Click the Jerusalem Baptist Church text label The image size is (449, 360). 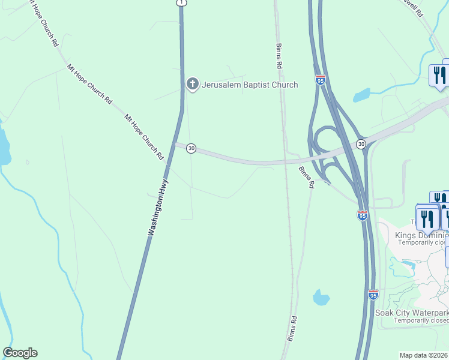[x=250, y=85]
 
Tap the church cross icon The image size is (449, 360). [x=192, y=85]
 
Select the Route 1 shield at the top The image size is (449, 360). [x=181, y=3]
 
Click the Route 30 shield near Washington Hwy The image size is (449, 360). [x=191, y=148]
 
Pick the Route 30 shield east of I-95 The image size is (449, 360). [x=361, y=144]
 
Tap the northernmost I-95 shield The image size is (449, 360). [x=321, y=80]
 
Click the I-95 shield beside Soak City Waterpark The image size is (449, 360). [x=373, y=295]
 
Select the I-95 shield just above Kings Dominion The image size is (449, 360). [x=362, y=215]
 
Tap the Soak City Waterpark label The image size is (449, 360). [x=412, y=313]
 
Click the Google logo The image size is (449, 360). [x=20, y=353]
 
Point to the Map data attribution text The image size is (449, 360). [x=424, y=355]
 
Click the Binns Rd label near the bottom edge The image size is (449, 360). [x=292, y=329]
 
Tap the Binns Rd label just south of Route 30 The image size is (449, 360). [x=306, y=178]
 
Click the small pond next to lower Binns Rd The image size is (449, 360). [x=321, y=297]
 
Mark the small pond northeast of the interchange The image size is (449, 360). [x=361, y=95]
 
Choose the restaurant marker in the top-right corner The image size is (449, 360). [x=439, y=76]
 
